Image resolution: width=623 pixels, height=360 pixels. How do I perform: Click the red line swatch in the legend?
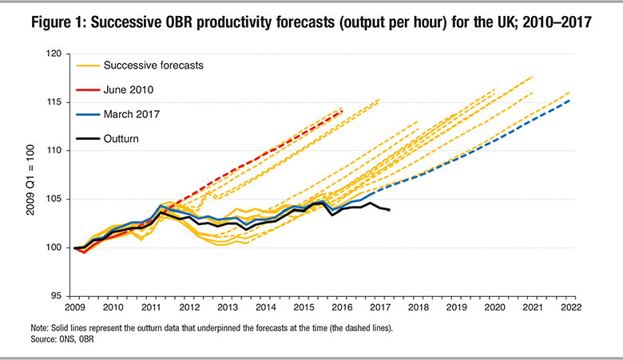(x=86, y=89)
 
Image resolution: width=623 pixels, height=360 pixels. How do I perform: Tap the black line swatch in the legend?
(x=86, y=138)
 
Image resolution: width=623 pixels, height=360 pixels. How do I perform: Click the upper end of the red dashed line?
(x=342, y=110)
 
